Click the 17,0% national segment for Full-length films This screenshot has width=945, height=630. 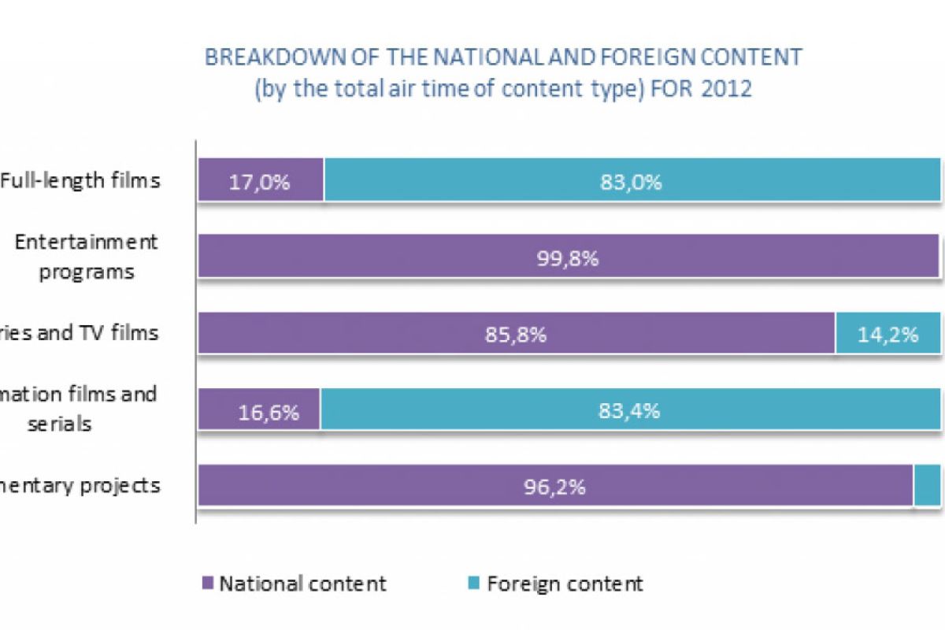click(261, 182)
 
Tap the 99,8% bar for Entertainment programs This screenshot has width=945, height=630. click(568, 258)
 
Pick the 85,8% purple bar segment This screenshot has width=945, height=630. click(516, 333)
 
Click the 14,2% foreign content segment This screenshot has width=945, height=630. click(888, 333)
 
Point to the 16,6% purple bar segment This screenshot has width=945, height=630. click(259, 409)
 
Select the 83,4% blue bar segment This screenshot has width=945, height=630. click(630, 409)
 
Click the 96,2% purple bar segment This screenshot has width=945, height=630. click(555, 485)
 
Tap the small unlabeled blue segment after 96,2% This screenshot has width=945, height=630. click(928, 485)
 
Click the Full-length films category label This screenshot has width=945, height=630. click(80, 180)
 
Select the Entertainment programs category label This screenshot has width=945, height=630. click(87, 256)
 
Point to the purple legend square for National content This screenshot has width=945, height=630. click(208, 584)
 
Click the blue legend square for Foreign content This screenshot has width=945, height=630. click(474, 584)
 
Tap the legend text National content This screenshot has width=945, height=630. click(302, 584)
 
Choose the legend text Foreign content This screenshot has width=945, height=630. click(565, 584)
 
